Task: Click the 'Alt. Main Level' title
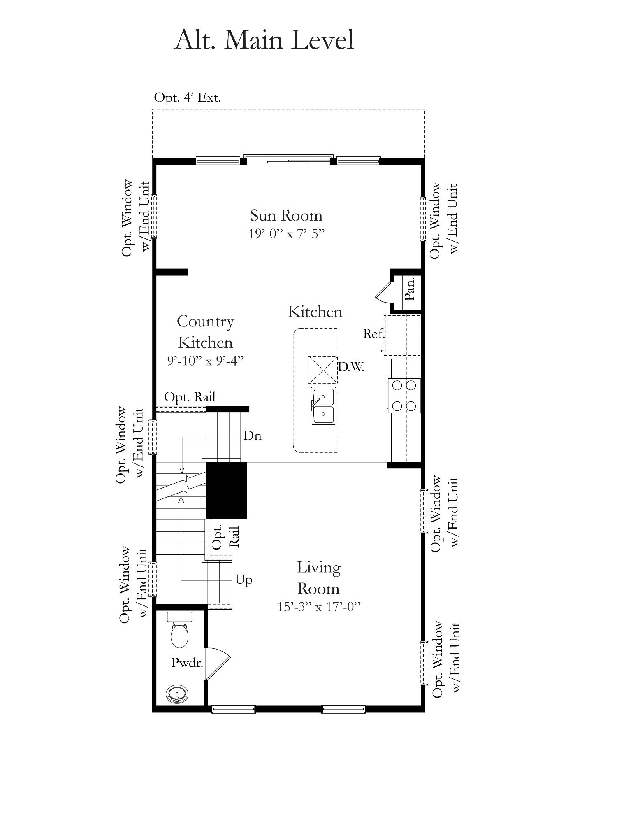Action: [x=264, y=40]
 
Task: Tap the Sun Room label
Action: [x=286, y=215]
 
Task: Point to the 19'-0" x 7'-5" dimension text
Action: [x=287, y=234]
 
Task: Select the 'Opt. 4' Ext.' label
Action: [x=187, y=98]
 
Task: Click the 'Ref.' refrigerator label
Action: [x=373, y=333]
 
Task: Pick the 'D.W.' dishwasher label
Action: [x=351, y=367]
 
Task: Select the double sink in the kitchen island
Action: [x=323, y=406]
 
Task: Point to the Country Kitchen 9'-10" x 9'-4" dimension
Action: [x=205, y=361]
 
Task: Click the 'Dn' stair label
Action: [x=252, y=435]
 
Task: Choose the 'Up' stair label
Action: [x=244, y=580]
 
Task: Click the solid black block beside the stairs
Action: [x=226, y=491]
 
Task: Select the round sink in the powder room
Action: [x=177, y=694]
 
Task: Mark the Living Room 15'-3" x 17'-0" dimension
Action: [x=319, y=607]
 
